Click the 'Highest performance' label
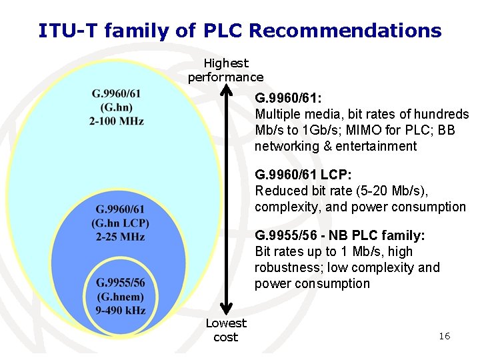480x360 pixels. click(x=225, y=70)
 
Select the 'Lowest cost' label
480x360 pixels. click(x=225, y=330)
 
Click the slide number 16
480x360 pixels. click(x=444, y=336)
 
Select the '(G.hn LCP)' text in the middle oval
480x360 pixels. click(x=121, y=223)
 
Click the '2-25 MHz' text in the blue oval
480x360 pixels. click(x=121, y=237)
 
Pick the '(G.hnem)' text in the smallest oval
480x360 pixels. click(x=121, y=296)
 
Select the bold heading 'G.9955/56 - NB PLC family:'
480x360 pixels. click(x=340, y=236)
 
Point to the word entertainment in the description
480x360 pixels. click(x=376, y=146)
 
